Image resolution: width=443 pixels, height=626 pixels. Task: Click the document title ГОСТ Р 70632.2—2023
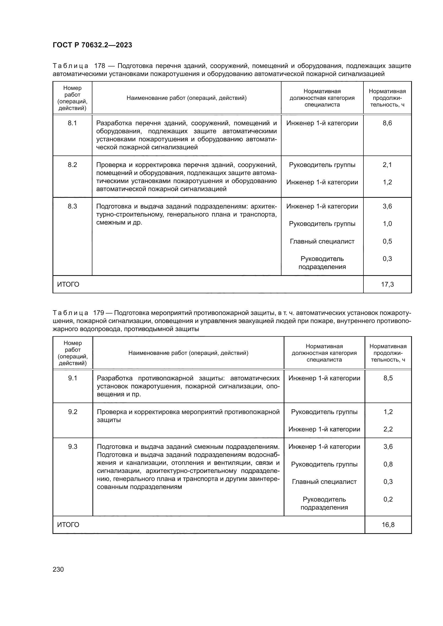coord(92,45)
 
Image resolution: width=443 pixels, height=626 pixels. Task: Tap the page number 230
coord(58,569)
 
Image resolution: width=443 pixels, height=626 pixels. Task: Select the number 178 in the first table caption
coord(100,66)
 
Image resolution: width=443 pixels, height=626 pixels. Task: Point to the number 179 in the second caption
coord(99,313)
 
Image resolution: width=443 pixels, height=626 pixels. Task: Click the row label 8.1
coord(72,123)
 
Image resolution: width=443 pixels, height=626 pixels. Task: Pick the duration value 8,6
coord(387,123)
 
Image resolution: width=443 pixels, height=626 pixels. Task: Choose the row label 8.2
coord(72,165)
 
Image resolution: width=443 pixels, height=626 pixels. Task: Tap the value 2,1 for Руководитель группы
coord(387,165)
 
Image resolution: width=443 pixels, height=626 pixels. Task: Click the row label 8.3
coord(72,206)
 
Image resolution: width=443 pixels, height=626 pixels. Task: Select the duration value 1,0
coord(387,224)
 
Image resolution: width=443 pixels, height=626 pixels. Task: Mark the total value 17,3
coord(387,285)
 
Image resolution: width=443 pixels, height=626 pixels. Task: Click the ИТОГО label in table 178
coord(68,285)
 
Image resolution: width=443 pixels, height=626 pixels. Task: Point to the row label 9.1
coord(73,378)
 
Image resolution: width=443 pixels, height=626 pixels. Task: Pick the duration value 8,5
coord(388,378)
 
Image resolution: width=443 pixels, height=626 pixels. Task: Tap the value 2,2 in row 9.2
coord(388,429)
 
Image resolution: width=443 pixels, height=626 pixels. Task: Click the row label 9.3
coord(73,447)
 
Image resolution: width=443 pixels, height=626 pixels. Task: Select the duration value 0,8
coord(388,464)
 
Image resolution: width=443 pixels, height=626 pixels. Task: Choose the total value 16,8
coord(388,525)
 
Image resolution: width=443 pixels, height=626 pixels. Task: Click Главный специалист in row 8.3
coord(322,241)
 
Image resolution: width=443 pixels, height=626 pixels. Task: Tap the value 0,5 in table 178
coord(387,241)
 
